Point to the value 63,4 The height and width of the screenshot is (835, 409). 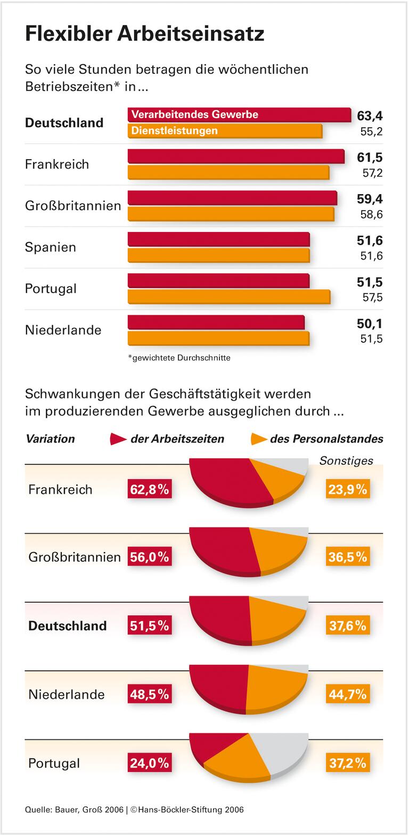click(x=370, y=116)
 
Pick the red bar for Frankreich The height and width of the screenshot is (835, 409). click(x=236, y=156)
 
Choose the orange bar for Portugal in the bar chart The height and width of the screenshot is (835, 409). click(x=228, y=297)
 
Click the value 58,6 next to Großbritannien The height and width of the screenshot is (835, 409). click(x=371, y=214)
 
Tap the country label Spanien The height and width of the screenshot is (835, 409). click(x=51, y=247)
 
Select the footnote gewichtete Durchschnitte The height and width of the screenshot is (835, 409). click(x=179, y=358)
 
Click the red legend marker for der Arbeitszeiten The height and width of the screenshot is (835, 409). click(x=117, y=439)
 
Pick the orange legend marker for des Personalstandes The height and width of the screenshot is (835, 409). click(x=258, y=439)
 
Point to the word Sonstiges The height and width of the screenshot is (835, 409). click(x=346, y=461)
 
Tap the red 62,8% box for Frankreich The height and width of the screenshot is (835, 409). click(x=149, y=489)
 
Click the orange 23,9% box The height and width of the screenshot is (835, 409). click(x=347, y=489)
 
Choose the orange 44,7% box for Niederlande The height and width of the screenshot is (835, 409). click(x=347, y=694)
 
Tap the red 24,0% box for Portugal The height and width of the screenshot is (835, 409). click(x=149, y=763)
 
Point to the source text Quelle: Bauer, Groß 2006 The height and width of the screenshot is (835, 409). click(x=74, y=809)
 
